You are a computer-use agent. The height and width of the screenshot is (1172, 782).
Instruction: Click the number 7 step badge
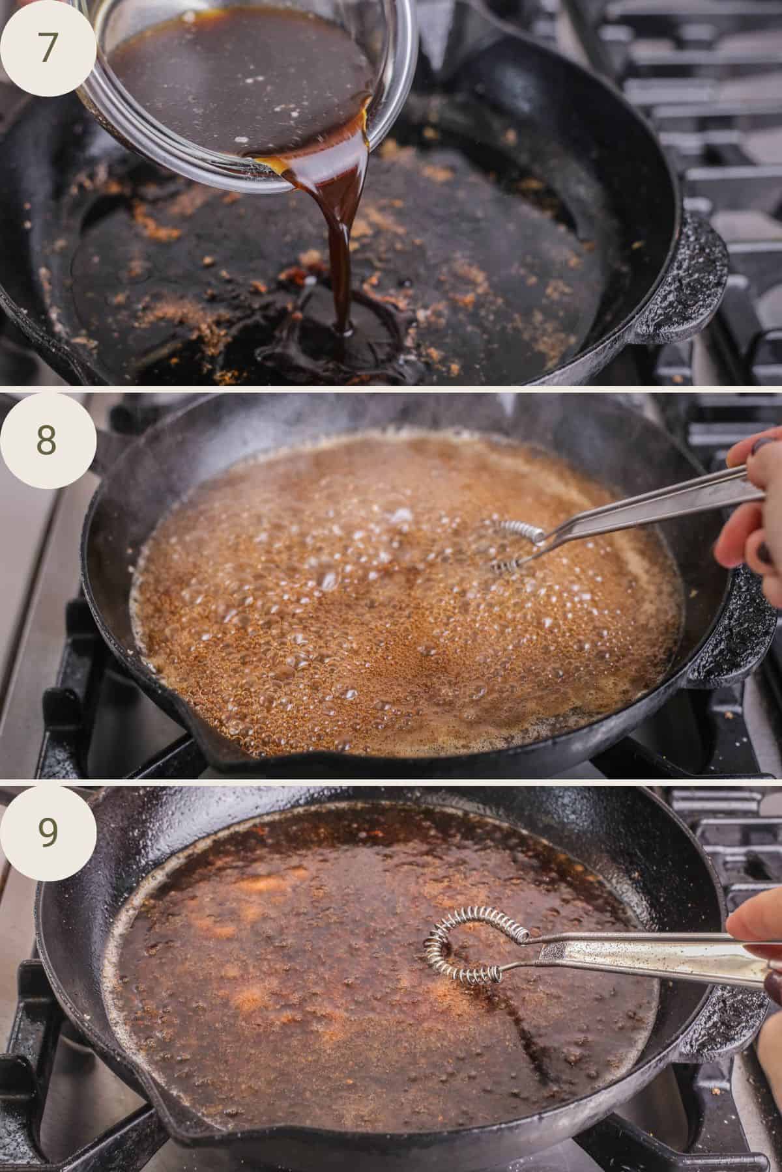click(47, 49)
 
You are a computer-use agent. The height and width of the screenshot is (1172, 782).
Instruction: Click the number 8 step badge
click(47, 440)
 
